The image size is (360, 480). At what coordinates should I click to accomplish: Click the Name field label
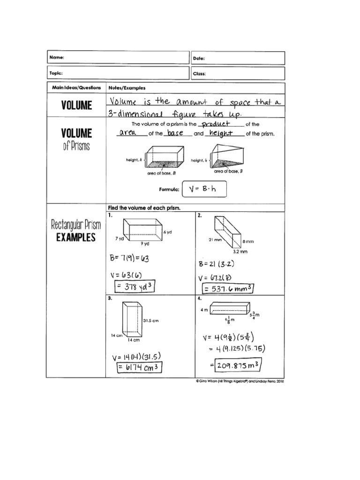tap(56, 58)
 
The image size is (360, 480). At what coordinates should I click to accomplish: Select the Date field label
tap(199, 58)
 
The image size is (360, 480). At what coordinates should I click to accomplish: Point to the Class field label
tap(199, 74)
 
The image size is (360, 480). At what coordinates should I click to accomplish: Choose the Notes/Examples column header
tap(127, 88)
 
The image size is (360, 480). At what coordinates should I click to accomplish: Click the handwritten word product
tap(214, 124)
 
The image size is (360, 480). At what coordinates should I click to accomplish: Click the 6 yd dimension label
tap(168, 232)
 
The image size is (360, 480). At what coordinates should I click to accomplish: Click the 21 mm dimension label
tap(214, 240)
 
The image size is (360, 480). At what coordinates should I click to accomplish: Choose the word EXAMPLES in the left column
tap(76, 237)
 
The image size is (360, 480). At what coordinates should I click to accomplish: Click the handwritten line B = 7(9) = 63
tap(131, 258)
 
